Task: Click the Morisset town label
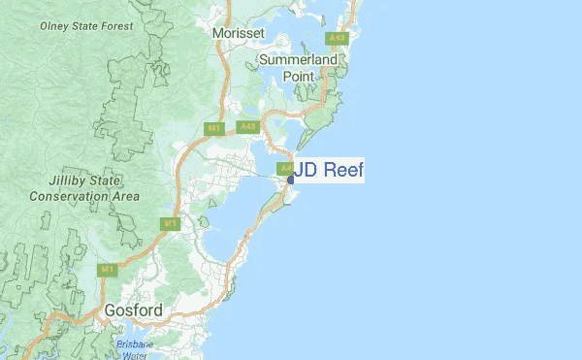(238, 33)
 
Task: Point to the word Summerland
(299, 60)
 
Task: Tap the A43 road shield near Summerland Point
(337, 39)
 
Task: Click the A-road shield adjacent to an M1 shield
(248, 126)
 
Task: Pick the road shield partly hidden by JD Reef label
(285, 168)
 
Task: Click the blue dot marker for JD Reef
(290, 180)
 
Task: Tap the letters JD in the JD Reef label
(305, 171)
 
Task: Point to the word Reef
(342, 171)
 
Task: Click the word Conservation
(70, 196)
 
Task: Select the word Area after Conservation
(125, 196)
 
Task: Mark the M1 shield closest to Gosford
(108, 269)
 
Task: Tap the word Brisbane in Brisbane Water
(135, 344)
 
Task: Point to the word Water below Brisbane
(135, 355)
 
